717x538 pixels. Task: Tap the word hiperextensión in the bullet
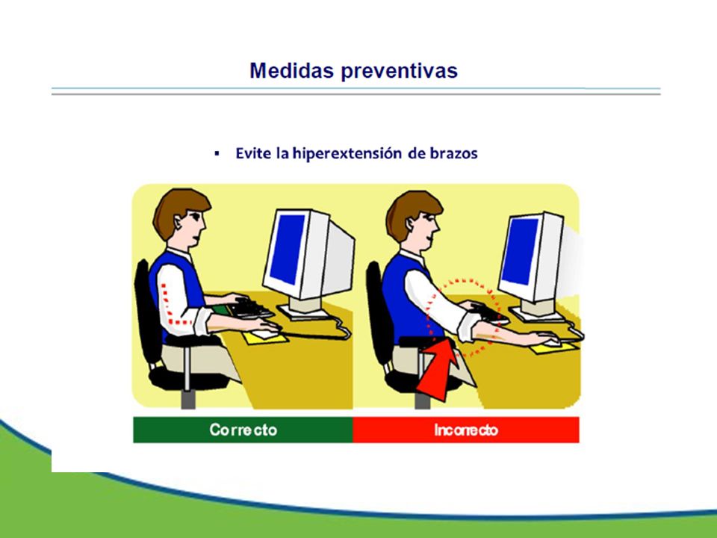(347, 153)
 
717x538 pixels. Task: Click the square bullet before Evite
(217, 153)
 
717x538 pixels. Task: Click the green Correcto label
(243, 430)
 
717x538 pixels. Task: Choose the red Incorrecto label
(466, 430)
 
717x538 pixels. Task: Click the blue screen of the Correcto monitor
(288, 248)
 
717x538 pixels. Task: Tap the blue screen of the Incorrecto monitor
(520, 251)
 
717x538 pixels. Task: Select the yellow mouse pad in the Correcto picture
(265, 338)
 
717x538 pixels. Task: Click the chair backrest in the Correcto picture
(146, 311)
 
